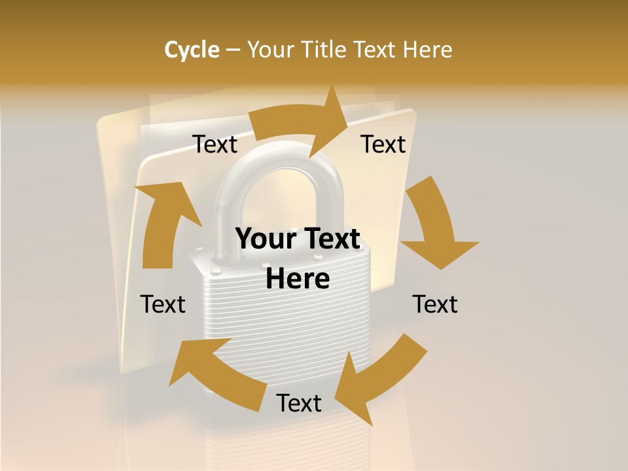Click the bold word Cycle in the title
pyautogui.click(x=192, y=50)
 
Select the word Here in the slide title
pyautogui.click(x=428, y=50)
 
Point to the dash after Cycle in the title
pyautogui.click(x=233, y=50)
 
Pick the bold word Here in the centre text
pyautogui.click(x=298, y=279)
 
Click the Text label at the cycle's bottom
pyautogui.click(x=299, y=403)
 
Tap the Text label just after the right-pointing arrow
pyautogui.click(x=383, y=144)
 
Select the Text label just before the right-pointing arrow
pyautogui.click(x=215, y=144)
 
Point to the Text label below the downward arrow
pyautogui.click(x=435, y=304)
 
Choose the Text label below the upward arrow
pyautogui.click(x=163, y=304)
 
